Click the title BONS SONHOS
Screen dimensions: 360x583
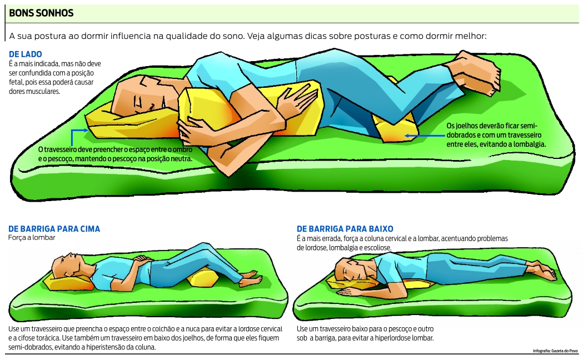41,13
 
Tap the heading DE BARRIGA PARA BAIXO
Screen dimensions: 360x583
345,228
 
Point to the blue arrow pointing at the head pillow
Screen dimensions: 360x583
78,132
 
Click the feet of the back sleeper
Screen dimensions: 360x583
250,275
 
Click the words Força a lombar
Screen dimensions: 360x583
32,237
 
